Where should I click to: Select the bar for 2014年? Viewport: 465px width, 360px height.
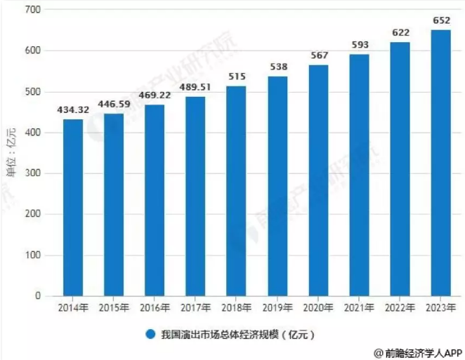click(73, 208)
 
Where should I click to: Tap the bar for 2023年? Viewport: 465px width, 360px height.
click(440, 163)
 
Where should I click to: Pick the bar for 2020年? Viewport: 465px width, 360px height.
click(318, 180)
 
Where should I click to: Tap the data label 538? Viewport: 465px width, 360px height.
click(277, 69)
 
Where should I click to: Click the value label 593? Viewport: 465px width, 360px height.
click(359, 47)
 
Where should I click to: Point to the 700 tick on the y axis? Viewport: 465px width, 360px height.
click(32, 11)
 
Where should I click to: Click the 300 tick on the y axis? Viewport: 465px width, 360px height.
click(32, 173)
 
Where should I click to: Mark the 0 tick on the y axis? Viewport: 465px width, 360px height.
click(38, 296)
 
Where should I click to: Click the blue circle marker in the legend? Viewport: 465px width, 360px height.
click(150, 334)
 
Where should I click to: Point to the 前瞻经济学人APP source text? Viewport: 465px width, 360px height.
click(417, 352)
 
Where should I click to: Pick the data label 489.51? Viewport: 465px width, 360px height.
click(195, 90)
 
